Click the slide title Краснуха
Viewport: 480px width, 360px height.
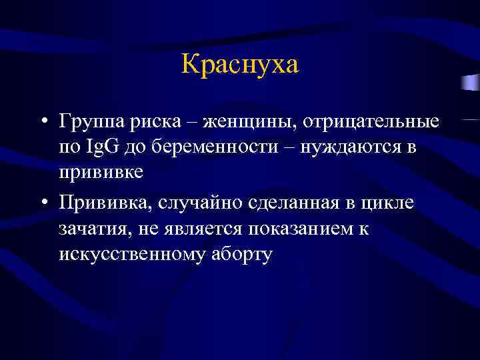(240, 65)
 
